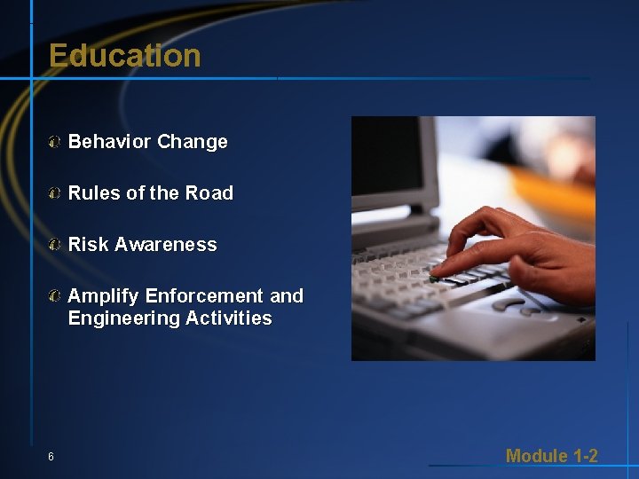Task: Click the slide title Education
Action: [x=125, y=56]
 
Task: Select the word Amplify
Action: [x=103, y=296]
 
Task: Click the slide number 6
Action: [x=51, y=457]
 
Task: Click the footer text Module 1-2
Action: [x=551, y=456]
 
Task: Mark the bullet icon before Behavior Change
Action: [x=55, y=142]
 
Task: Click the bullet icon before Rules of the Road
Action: [x=55, y=193]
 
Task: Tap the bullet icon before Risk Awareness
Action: [x=55, y=245]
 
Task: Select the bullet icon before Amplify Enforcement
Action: [x=55, y=296]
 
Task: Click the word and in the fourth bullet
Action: [x=286, y=296]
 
